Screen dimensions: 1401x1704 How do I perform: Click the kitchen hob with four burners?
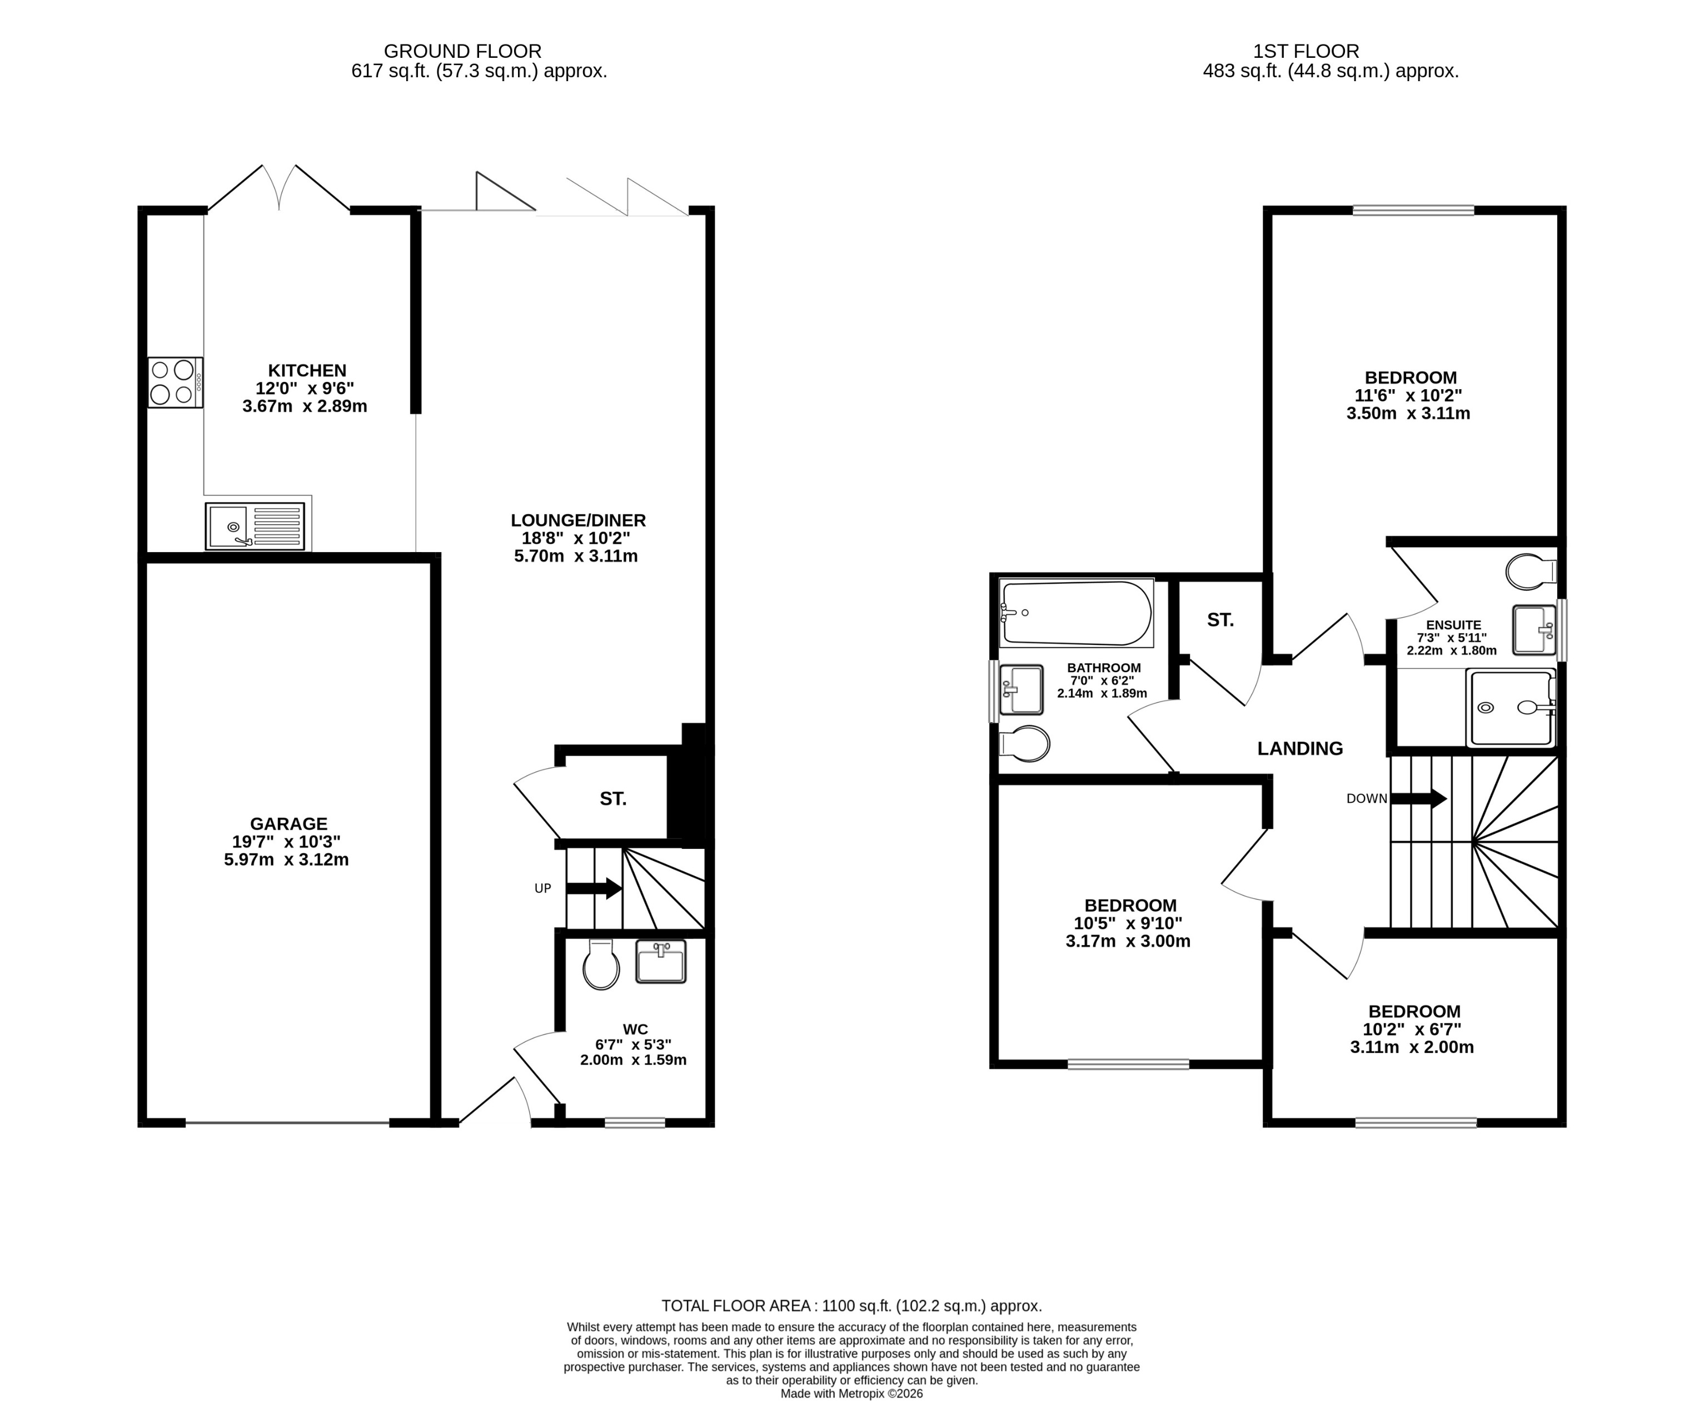tap(175, 382)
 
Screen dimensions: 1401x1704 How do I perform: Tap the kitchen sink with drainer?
tap(255, 526)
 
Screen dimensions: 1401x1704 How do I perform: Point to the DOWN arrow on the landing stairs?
tap(1418, 799)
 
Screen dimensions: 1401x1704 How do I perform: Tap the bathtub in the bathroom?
tap(1077, 613)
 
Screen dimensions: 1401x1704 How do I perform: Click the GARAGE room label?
tap(288, 824)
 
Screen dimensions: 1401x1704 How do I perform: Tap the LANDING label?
tap(1300, 749)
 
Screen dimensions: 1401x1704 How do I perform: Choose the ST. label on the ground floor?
tap(612, 799)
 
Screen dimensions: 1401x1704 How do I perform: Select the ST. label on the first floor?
tap(1220, 620)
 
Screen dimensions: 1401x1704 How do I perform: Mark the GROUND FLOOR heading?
tap(462, 51)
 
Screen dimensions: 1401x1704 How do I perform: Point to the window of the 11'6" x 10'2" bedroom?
tap(1413, 211)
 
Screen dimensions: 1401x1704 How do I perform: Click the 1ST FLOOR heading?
tap(1306, 51)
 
